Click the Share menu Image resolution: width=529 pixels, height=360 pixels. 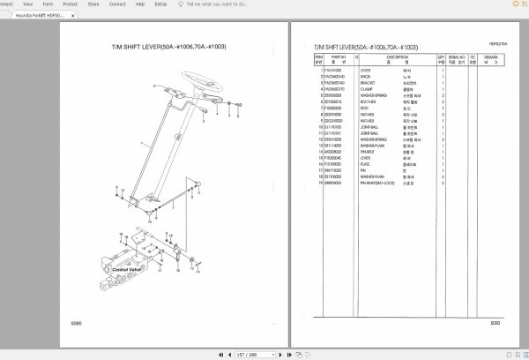click(x=92, y=4)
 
